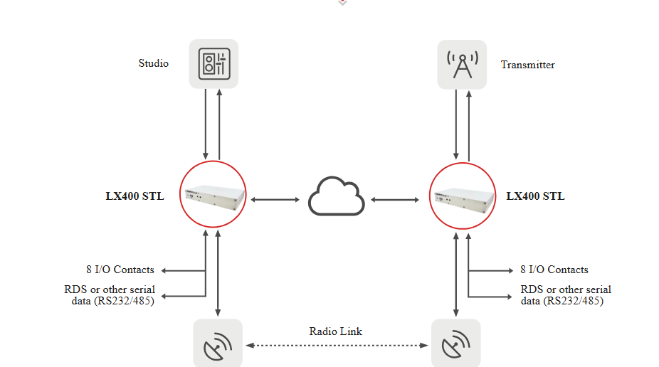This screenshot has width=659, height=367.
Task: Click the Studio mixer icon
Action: point(214,64)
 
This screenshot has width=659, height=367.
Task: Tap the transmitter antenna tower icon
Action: point(463,65)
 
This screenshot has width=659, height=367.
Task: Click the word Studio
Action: point(154,63)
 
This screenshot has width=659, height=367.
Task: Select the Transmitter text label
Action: point(527,65)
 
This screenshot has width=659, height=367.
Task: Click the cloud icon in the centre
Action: point(336,196)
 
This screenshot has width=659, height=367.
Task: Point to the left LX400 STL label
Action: point(135,196)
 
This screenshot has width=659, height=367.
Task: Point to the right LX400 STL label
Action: point(535,196)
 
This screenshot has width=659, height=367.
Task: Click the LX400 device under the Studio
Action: point(213,194)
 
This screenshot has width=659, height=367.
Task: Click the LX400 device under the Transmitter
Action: point(463,196)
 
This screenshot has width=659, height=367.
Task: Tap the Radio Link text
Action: point(335,331)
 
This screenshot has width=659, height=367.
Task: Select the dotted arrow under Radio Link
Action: point(337,346)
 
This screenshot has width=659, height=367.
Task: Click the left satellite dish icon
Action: point(218,343)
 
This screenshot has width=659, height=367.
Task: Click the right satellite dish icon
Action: point(456,343)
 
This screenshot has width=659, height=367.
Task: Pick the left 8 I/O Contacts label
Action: point(120,270)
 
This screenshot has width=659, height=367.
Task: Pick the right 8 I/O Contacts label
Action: point(554,270)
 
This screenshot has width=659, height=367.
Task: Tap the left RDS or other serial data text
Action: point(110,295)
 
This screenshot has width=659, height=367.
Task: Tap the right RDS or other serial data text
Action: point(566,295)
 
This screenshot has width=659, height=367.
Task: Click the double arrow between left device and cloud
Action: point(275,199)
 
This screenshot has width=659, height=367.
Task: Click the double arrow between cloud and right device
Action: point(395,199)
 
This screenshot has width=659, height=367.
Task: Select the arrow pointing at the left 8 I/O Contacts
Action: point(183,271)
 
